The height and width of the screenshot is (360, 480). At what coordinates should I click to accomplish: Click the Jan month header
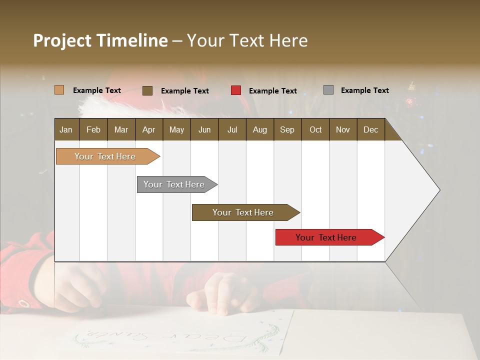pos(66,129)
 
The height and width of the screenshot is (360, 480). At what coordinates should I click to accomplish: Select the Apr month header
pos(148,129)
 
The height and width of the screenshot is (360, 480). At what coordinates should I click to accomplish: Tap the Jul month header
pos(232,129)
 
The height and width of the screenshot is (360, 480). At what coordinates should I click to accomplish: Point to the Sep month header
pos(287,129)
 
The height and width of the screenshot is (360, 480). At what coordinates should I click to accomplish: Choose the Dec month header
pos(370,129)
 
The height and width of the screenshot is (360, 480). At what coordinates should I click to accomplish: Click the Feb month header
pos(93,129)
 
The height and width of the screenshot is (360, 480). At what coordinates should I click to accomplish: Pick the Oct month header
pos(315,129)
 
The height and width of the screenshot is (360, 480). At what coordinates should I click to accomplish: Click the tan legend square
pos(59,90)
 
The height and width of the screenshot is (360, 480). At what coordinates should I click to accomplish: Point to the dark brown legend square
pos(147,90)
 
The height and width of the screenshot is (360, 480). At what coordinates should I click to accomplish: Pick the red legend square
pos(236,90)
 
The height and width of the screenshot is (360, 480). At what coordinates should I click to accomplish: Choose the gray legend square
pos(328,90)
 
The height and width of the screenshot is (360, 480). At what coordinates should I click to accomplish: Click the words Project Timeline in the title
pos(100,40)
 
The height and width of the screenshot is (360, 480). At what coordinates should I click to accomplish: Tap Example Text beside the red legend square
pos(272,91)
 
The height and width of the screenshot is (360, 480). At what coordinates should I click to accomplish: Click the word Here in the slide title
pos(288,40)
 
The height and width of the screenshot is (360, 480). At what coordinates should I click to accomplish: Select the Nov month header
pos(343,129)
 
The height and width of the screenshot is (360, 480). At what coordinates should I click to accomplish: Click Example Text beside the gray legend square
pos(364,90)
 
